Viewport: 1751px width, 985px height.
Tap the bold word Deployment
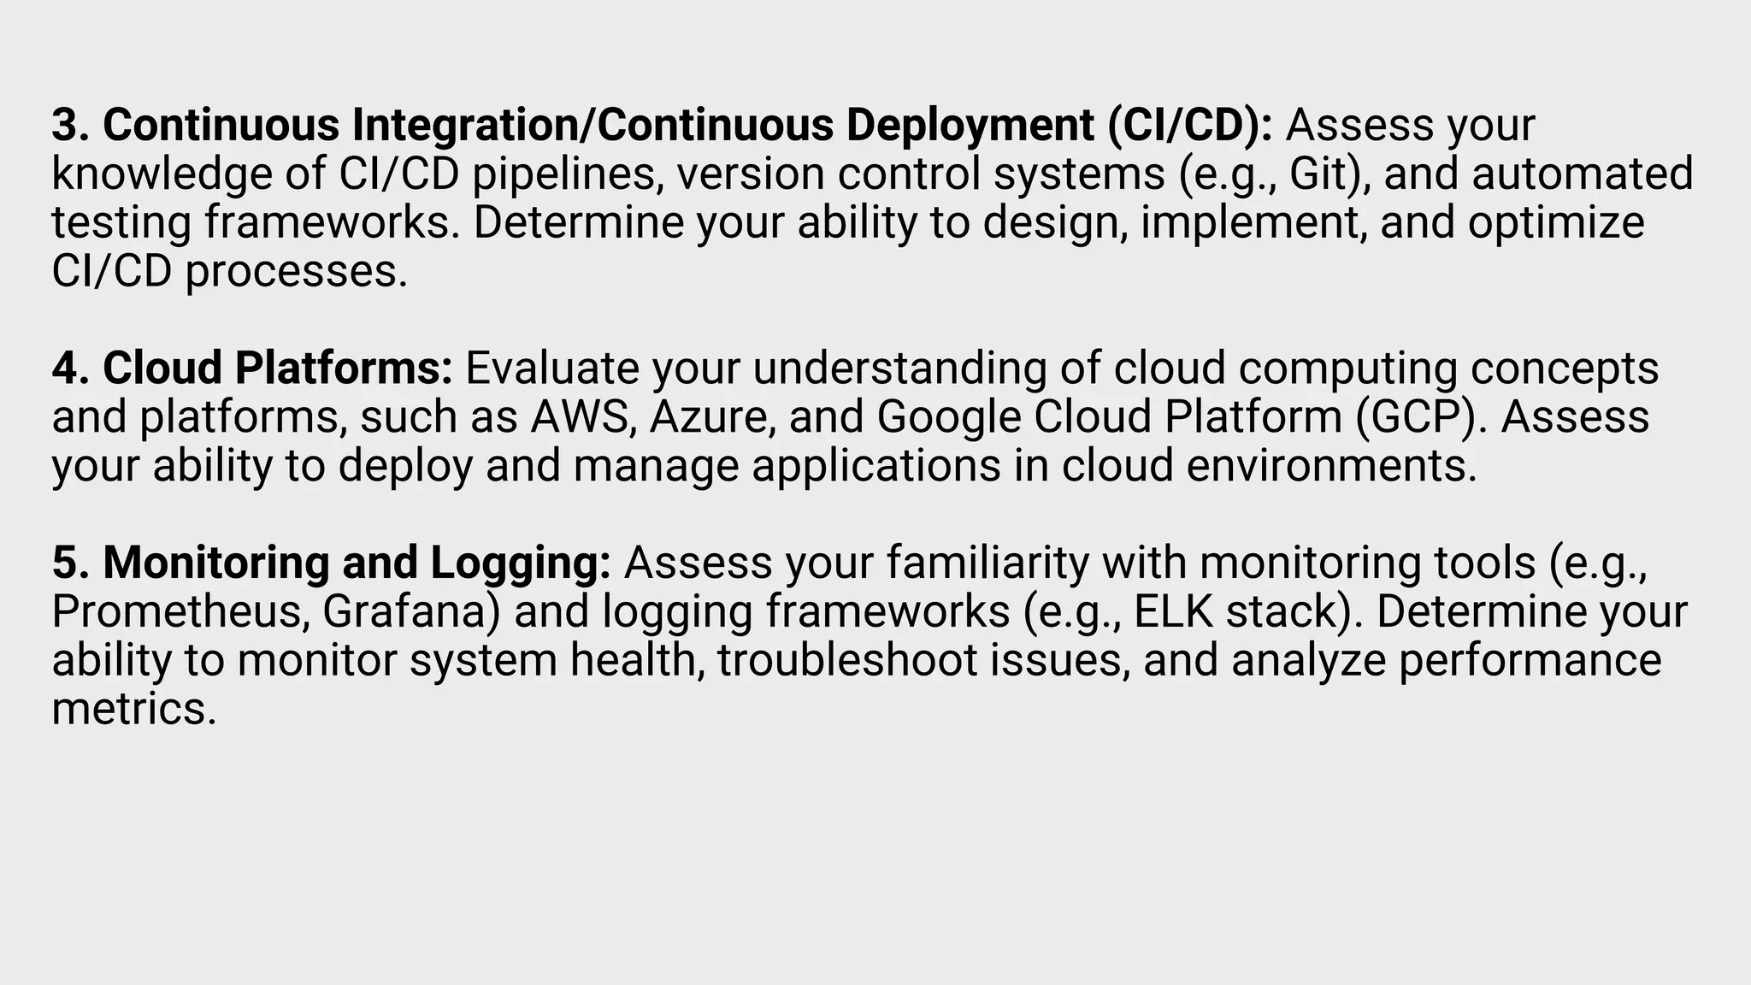[x=970, y=127]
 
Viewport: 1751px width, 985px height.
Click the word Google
[x=948, y=419]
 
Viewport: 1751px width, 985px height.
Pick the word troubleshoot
[x=847, y=661]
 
